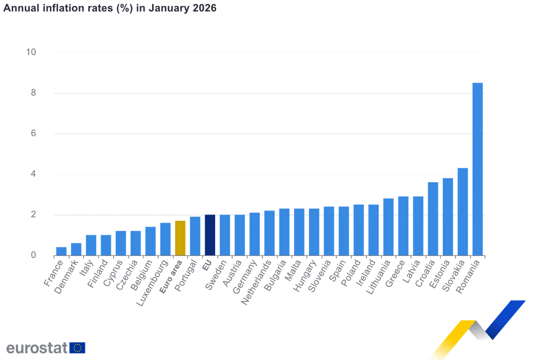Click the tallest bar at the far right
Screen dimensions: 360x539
pos(477,168)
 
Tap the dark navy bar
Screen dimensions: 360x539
pos(210,234)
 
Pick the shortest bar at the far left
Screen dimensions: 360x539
pos(61,250)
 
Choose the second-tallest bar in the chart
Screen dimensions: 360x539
pos(463,211)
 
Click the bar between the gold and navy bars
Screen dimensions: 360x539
pos(195,236)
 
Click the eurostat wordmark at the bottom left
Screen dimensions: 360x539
pos(35,348)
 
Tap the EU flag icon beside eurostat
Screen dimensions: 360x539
pos(78,348)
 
